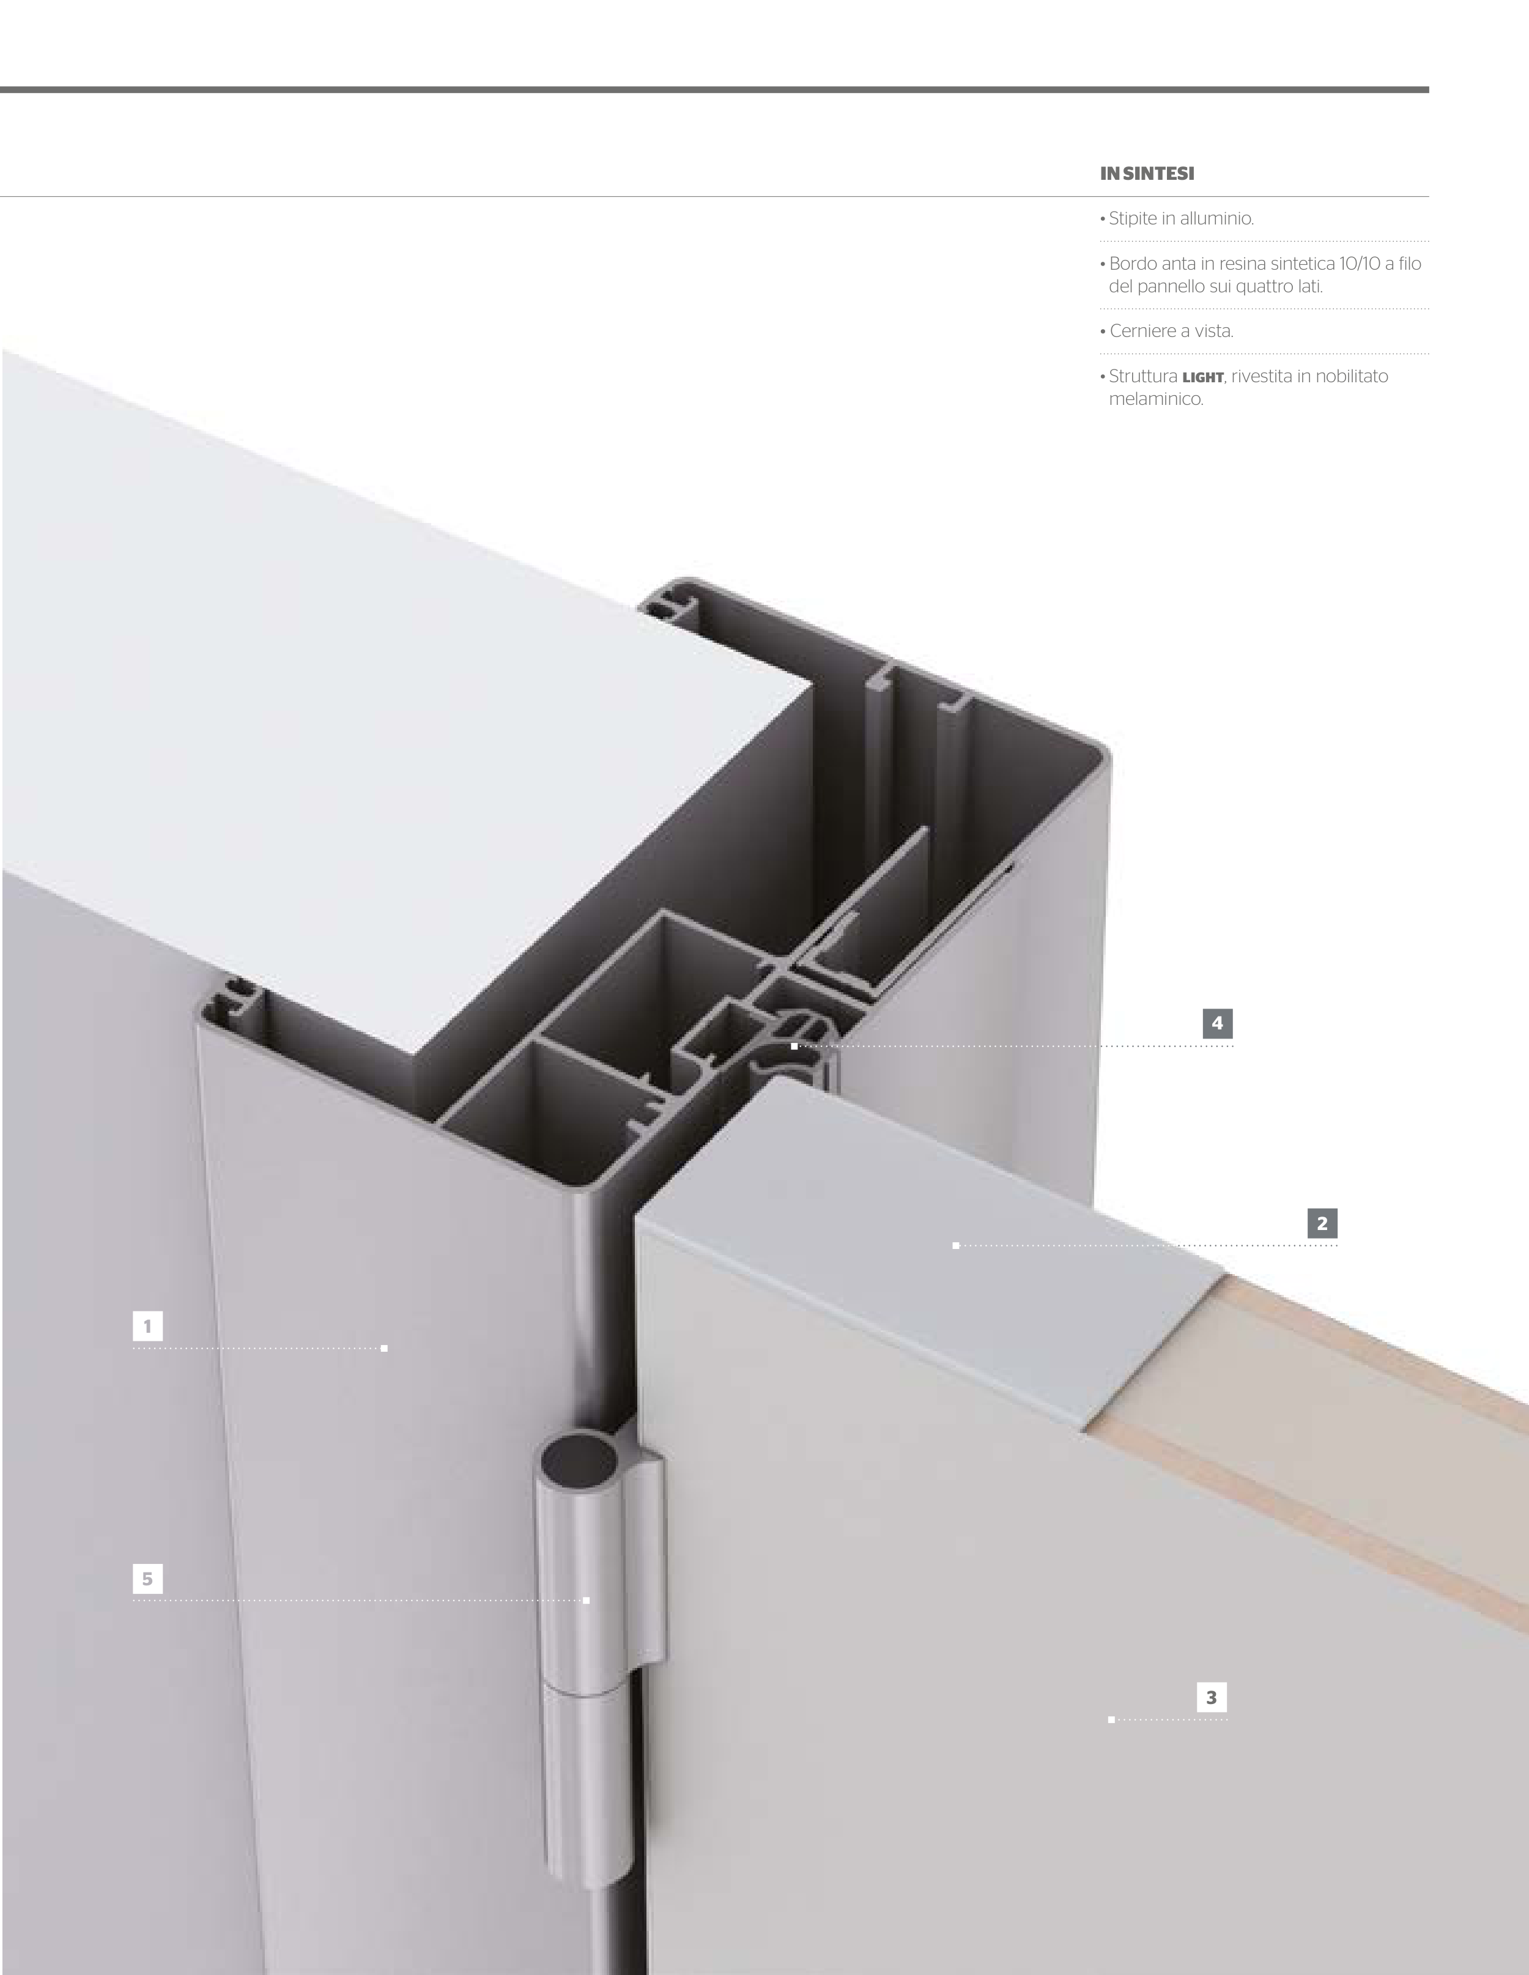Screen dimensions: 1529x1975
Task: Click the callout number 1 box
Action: [147, 1327]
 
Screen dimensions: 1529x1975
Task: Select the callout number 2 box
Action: [1322, 1223]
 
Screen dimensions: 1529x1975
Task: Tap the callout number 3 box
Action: [1212, 1697]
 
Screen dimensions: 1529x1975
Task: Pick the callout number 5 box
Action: [147, 1579]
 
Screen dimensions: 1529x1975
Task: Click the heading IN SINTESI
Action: [1147, 174]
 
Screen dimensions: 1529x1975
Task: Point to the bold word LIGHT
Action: [1202, 377]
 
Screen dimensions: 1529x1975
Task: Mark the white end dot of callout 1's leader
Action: [384, 1348]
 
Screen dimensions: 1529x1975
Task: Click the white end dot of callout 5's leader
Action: [586, 1601]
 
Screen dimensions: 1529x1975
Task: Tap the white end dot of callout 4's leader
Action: [794, 1047]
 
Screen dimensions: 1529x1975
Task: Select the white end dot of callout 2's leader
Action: [956, 1246]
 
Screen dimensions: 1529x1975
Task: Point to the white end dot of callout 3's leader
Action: [1111, 1719]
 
